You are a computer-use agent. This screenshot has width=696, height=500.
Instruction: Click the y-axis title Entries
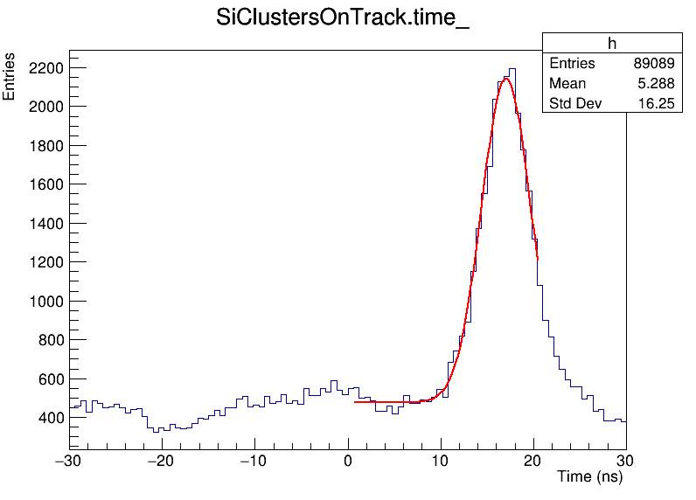[x=10, y=77]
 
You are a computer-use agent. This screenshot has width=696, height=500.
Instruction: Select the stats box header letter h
[x=612, y=44]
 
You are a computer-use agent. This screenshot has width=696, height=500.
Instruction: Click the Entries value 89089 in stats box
[x=654, y=64]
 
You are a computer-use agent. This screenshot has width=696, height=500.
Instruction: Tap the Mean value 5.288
[x=657, y=84]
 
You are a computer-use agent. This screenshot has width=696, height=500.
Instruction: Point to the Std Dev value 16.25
[x=657, y=104]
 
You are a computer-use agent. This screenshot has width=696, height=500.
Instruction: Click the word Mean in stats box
[x=567, y=84]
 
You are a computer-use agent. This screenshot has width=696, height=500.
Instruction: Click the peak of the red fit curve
[x=505, y=79]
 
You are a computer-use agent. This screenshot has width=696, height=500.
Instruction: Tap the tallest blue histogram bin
[x=512, y=69]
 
